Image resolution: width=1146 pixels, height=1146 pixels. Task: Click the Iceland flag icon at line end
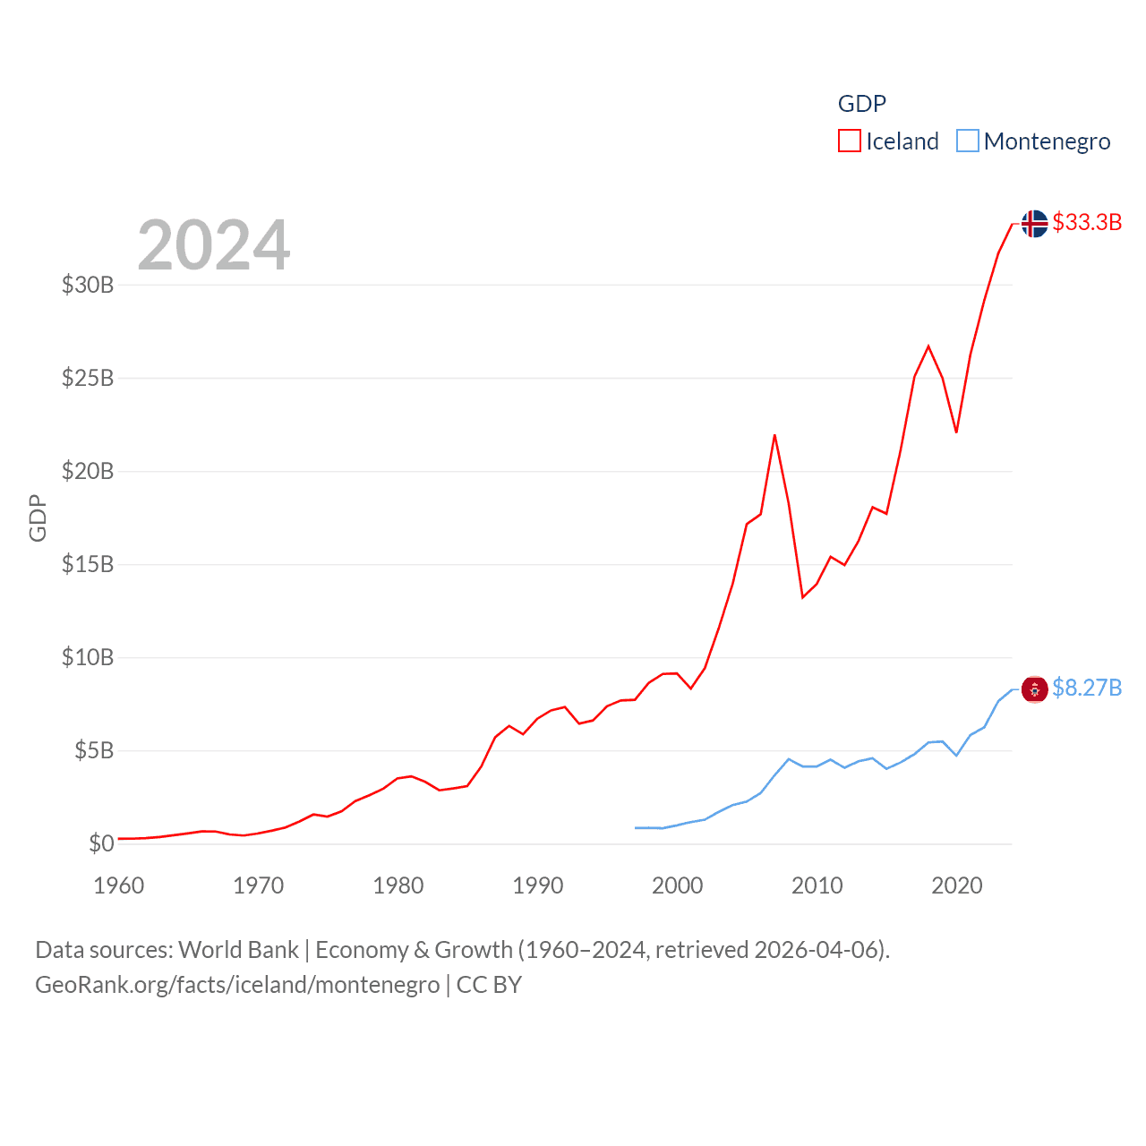(x=1034, y=223)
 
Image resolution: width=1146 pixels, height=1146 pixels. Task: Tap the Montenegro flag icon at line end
(x=1034, y=688)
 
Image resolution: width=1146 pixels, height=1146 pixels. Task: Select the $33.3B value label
(x=1087, y=222)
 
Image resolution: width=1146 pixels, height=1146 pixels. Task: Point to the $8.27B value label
(x=1087, y=688)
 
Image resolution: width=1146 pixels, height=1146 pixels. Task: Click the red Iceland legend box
(x=849, y=141)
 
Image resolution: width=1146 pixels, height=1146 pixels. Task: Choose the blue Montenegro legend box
(x=967, y=141)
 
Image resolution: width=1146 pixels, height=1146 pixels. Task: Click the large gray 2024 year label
(x=214, y=245)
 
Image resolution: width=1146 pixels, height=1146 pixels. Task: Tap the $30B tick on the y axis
(x=88, y=285)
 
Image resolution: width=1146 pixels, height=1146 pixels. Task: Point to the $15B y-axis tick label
(x=88, y=564)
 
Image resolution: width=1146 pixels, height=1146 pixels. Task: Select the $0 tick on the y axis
(x=101, y=843)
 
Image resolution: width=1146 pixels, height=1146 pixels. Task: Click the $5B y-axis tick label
(x=94, y=750)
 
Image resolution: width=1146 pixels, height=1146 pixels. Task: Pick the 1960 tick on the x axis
(x=119, y=885)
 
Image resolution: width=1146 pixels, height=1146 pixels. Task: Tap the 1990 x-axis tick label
(x=538, y=885)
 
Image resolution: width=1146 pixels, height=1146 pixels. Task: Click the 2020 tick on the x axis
(x=957, y=885)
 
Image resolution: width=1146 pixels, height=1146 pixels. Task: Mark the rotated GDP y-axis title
(x=38, y=517)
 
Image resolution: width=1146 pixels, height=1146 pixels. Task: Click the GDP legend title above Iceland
(x=862, y=104)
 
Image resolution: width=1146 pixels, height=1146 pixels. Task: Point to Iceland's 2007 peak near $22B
(x=774, y=436)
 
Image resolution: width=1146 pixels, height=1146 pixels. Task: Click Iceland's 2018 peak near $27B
(x=928, y=346)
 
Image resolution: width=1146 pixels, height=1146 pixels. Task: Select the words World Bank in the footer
(x=239, y=950)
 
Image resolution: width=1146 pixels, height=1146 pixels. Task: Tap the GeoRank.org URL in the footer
(x=237, y=985)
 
